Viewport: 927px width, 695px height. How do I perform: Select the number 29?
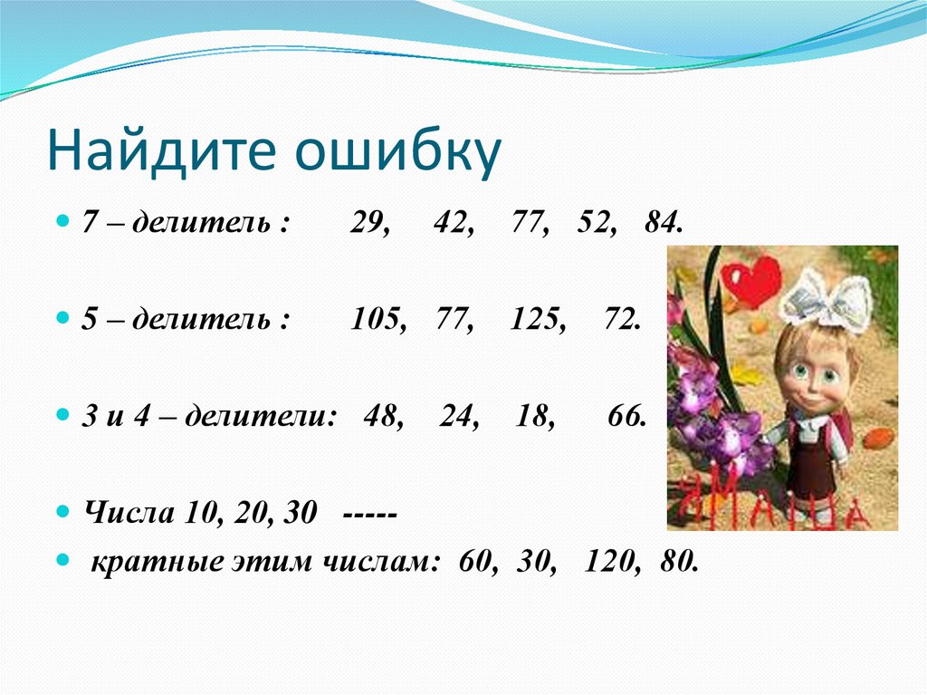369,225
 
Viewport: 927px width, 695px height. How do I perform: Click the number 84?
663,225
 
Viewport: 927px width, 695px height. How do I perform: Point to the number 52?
593,225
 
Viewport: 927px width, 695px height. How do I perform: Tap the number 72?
620,320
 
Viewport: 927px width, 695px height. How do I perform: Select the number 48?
383,416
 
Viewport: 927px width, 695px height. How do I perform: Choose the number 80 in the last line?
678,561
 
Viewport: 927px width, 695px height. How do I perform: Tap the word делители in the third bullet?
281,417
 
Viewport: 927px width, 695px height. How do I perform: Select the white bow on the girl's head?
824,300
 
